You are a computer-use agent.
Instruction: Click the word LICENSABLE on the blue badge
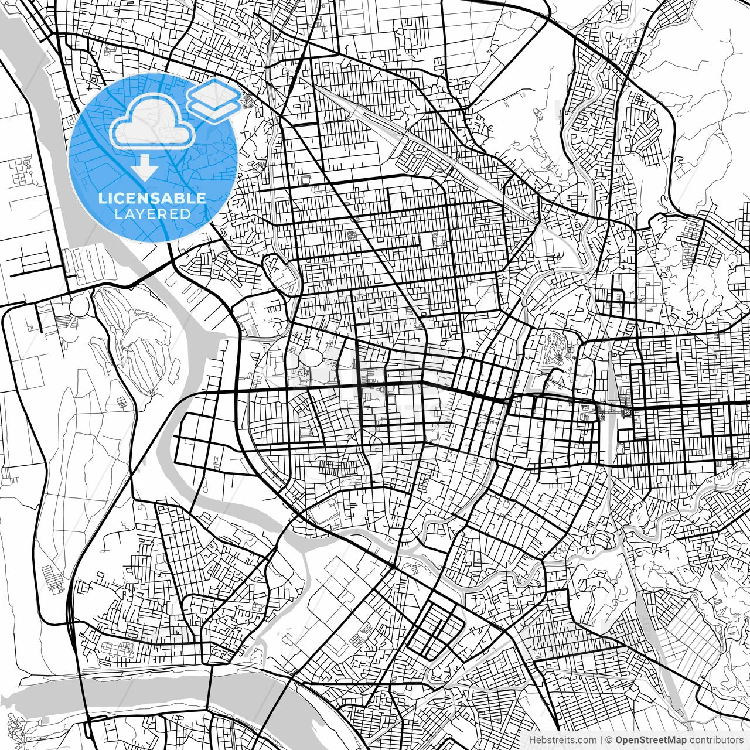[152, 198]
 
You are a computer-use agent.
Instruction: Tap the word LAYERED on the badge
[152, 214]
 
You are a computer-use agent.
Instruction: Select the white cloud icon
[153, 122]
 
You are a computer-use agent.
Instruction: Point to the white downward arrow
[144, 168]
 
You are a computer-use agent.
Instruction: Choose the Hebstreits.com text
[562, 740]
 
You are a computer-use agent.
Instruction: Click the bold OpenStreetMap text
[650, 740]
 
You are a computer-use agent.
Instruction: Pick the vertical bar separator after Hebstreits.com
[601, 740]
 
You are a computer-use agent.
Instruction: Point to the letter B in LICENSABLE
[179, 198]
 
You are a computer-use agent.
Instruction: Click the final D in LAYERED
[186, 214]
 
